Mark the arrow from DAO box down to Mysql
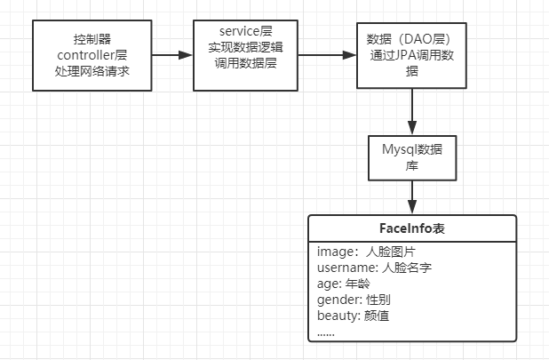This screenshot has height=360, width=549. [x=412, y=110]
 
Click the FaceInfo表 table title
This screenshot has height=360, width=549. [x=411, y=228]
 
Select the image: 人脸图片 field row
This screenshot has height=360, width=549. [x=359, y=252]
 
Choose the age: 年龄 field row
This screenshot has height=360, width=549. [x=344, y=284]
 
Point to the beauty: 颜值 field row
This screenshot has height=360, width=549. [x=353, y=316]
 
